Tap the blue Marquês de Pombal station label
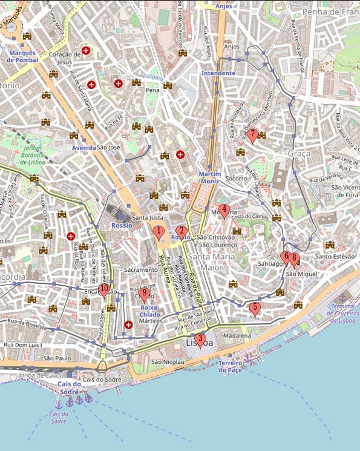[23, 56]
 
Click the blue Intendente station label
[218, 73]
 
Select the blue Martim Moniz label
[210, 177]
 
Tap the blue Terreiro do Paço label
[230, 366]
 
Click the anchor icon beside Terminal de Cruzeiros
[342, 298]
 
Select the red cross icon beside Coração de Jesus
[87, 51]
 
